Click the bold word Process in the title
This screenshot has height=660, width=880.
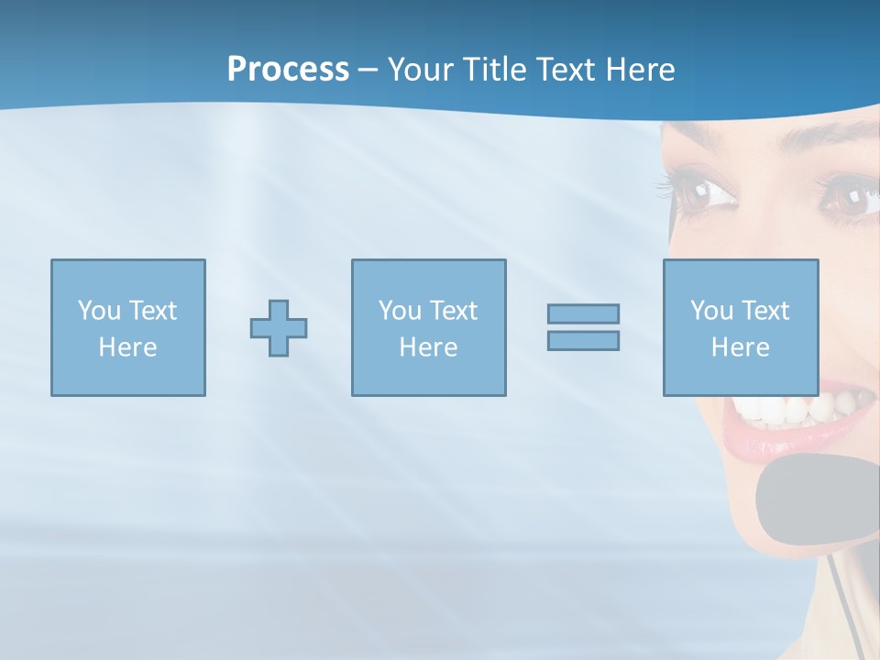click(288, 70)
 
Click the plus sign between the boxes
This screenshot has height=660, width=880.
click(279, 327)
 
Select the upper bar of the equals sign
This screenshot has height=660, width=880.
click(583, 313)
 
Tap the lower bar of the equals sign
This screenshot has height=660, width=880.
click(583, 340)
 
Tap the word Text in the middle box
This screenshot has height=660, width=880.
click(454, 311)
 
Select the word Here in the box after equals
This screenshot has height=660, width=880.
click(740, 347)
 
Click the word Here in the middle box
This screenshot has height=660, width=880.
click(428, 347)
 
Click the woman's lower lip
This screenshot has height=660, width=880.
click(779, 444)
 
